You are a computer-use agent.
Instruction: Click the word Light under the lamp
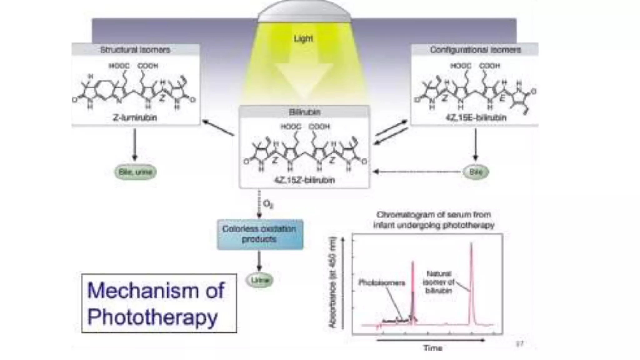pyautogui.click(x=303, y=39)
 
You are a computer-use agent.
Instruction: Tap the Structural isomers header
pyautogui.click(x=135, y=50)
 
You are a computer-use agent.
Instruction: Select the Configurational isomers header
pyautogui.click(x=475, y=50)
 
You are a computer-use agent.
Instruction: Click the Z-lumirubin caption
pyautogui.click(x=135, y=118)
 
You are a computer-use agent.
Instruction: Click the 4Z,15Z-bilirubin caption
pyautogui.click(x=304, y=180)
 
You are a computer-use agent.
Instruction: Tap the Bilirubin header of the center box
pyautogui.click(x=304, y=112)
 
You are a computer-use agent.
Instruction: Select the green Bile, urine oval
pyautogui.click(x=135, y=172)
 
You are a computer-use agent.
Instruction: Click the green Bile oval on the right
pyautogui.click(x=476, y=172)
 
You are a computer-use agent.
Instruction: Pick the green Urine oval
pyautogui.click(x=260, y=280)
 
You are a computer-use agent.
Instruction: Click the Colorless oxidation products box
pyautogui.click(x=260, y=234)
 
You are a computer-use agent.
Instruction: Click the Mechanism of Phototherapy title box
pyautogui.click(x=159, y=303)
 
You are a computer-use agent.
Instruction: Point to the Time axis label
pyautogui.click(x=433, y=348)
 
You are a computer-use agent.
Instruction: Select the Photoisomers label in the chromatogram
pyautogui.click(x=382, y=283)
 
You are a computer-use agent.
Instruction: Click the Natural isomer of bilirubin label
pyautogui.click(x=438, y=282)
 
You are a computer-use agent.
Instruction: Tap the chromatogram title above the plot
pyautogui.click(x=434, y=220)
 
